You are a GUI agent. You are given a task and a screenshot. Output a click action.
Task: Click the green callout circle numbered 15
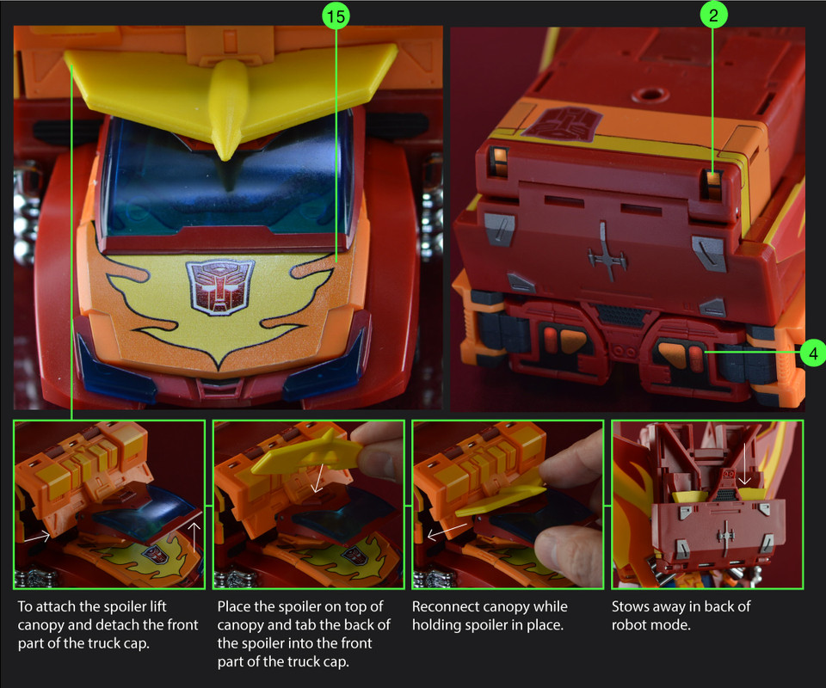(x=336, y=16)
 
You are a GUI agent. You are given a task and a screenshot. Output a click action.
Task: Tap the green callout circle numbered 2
(x=713, y=15)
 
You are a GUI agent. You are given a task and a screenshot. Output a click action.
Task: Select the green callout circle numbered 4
(x=812, y=353)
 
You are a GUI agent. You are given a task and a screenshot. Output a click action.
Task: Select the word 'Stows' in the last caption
(x=629, y=606)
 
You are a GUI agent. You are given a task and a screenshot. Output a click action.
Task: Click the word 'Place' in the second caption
(x=234, y=606)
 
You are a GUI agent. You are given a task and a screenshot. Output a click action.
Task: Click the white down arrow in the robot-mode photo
(x=744, y=464)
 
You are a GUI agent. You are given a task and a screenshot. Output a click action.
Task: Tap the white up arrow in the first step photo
(x=194, y=537)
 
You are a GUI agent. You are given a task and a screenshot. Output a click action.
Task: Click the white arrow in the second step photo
(x=318, y=478)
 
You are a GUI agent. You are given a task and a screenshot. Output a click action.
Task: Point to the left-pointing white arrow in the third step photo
(x=447, y=531)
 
